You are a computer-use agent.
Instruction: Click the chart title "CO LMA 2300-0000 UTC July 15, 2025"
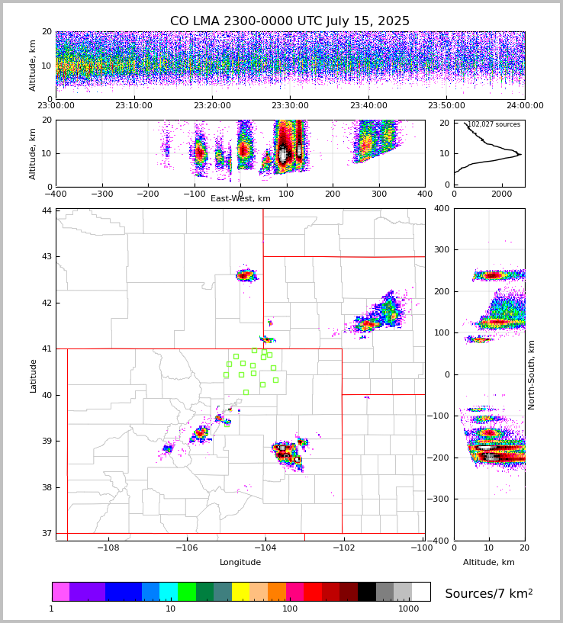coord(290,21)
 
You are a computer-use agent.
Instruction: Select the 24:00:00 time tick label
coord(525,106)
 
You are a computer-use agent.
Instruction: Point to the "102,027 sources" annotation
coord(494,124)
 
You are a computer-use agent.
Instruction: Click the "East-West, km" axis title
coord(240,199)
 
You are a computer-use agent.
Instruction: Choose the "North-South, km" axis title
coord(532,374)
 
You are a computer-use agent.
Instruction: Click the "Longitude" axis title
coord(240,563)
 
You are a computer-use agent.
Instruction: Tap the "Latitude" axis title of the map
coord(33,375)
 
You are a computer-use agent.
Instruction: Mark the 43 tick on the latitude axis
coord(47,256)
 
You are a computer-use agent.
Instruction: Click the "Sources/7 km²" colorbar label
coord(489,593)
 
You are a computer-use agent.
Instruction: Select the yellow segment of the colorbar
coord(240,592)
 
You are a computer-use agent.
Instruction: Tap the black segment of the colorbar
coord(367,592)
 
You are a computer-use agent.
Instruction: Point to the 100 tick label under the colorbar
coord(290,609)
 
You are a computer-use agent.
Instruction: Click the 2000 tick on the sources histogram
coord(502,194)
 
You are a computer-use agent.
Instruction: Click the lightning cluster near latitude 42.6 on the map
coord(245,275)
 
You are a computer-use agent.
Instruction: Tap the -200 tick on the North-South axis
coord(442,458)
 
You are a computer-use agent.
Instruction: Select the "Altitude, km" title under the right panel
coord(489,563)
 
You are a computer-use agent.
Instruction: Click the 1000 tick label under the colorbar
coord(409,609)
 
